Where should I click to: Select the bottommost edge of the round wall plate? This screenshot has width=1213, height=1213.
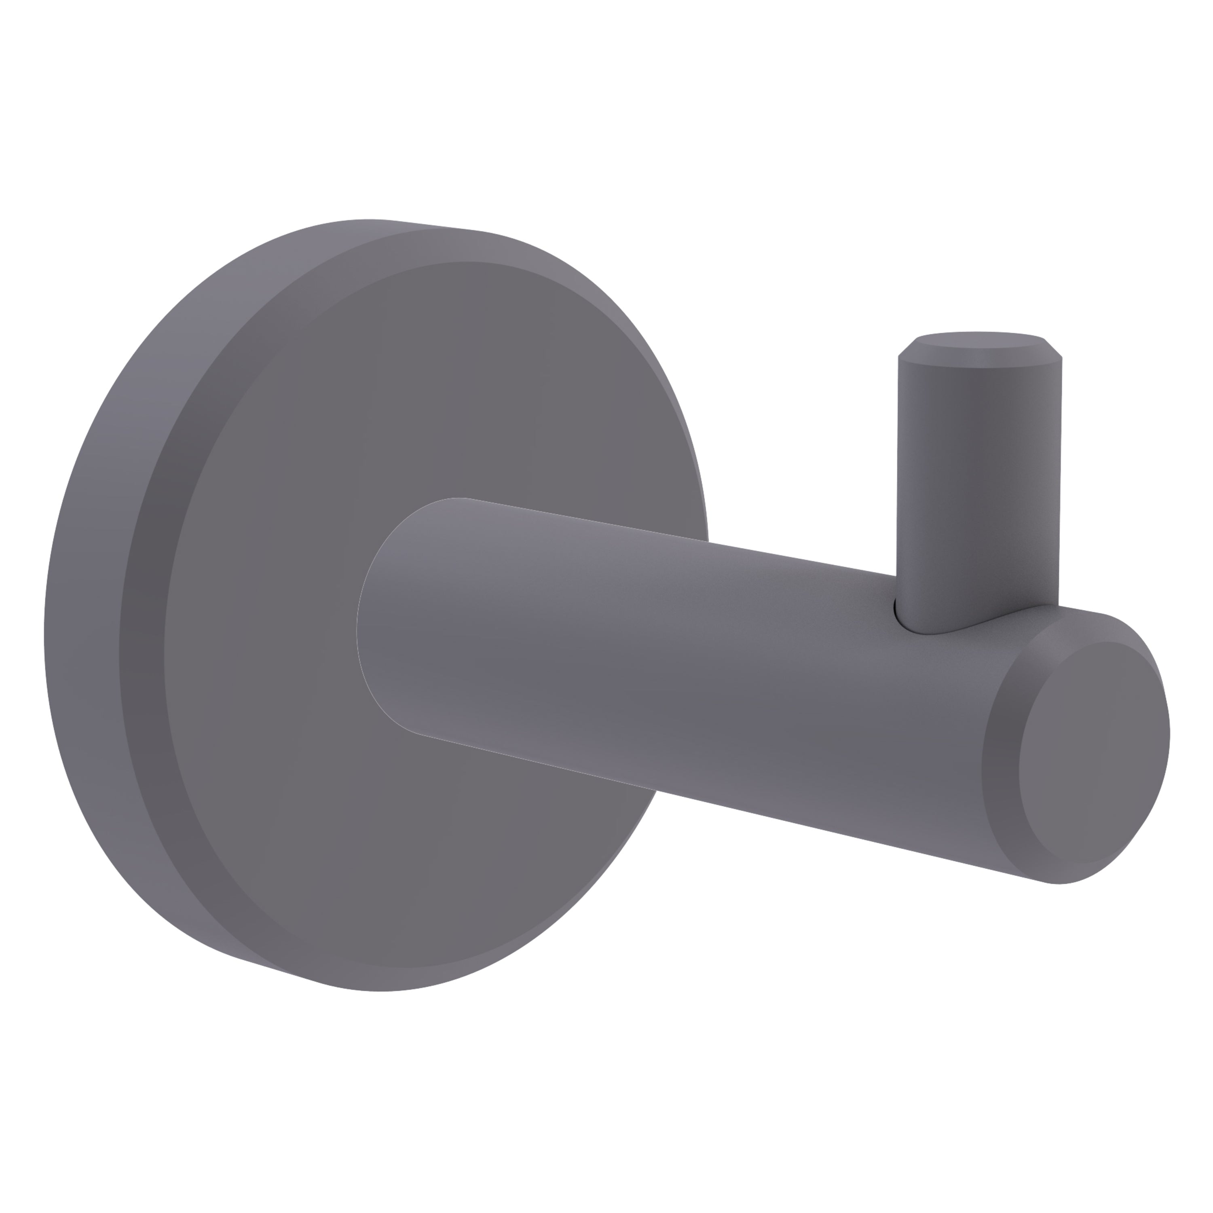(377, 990)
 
